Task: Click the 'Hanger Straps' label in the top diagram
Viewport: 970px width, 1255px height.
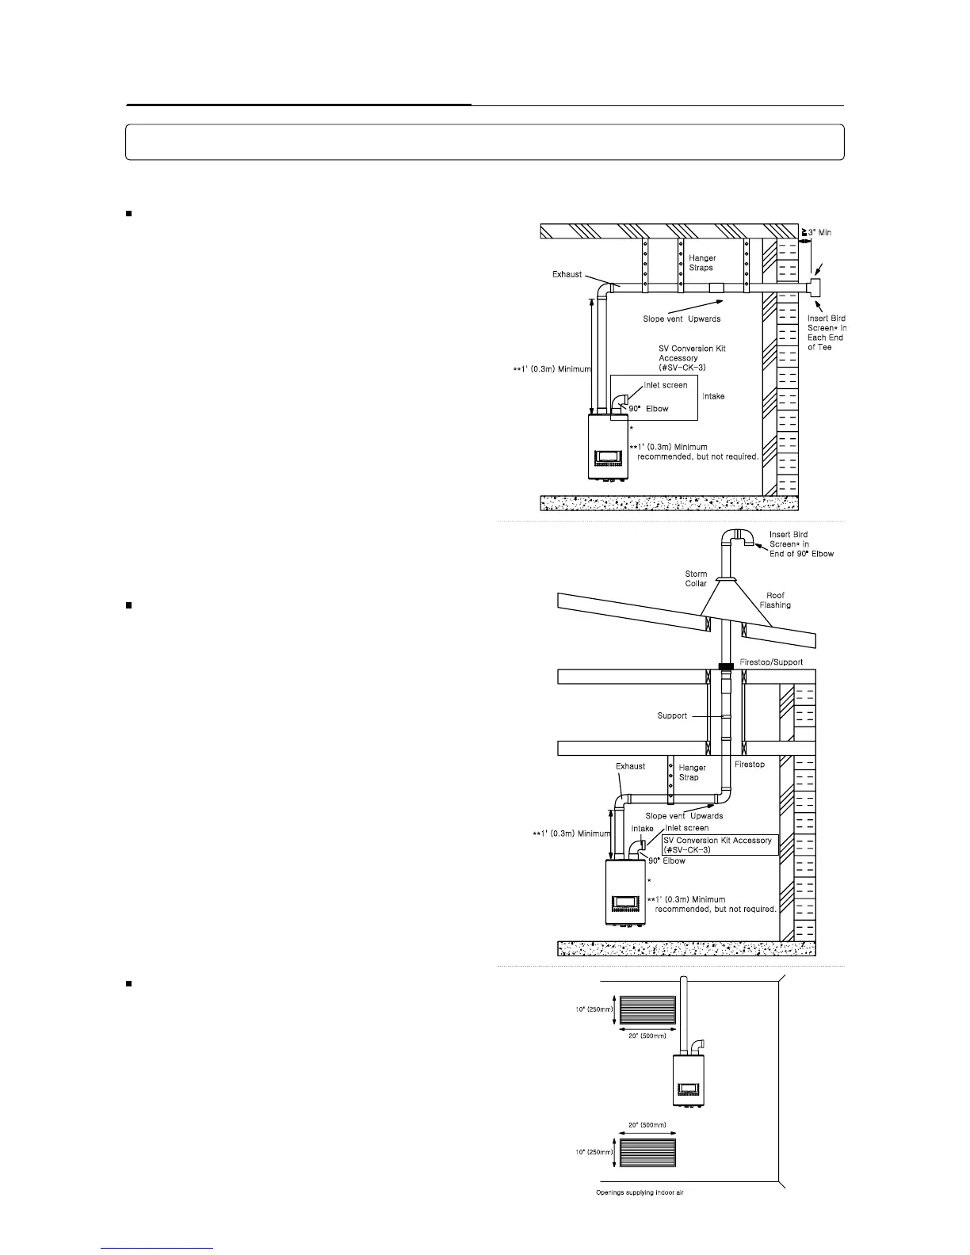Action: (701, 262)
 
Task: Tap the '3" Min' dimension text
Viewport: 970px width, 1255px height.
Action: (819, 232)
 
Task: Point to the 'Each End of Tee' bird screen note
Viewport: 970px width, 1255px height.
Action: (826, 342)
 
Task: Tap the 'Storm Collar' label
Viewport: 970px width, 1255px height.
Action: (696, 578)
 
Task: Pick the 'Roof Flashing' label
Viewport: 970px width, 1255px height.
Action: (775, 600)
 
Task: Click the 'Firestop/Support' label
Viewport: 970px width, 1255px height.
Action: (771, 662)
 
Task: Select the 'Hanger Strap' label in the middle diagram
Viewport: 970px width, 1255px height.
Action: (692, 772)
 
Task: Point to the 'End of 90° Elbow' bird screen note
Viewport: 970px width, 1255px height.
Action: (801, 554)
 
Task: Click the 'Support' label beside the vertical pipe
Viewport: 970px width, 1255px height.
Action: (672, 715)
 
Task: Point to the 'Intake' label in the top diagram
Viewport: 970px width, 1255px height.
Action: (713, 396)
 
